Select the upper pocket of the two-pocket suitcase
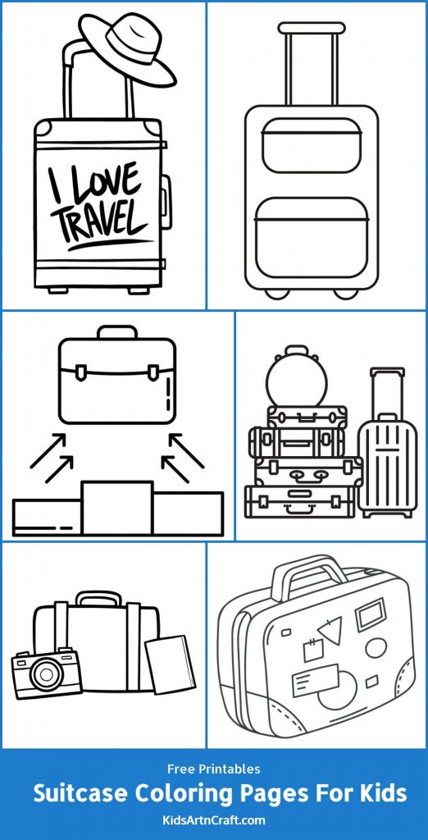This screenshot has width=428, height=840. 312,146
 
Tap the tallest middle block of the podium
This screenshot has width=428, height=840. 117,508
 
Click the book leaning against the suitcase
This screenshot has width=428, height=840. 171,664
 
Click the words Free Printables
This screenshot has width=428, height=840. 213,769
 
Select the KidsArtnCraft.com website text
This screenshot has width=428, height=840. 213,819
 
